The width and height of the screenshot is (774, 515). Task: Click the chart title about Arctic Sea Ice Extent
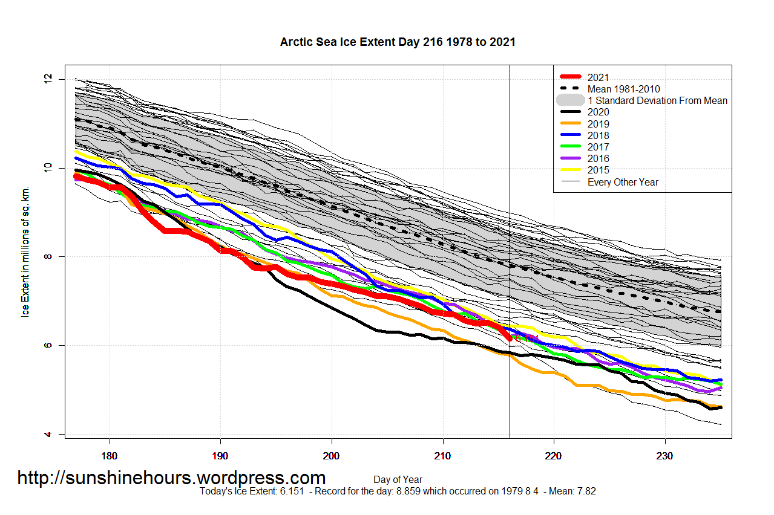(398, 42)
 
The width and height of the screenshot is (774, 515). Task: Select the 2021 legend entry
(598, 77)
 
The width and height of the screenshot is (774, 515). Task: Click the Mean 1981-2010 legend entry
(623, 89)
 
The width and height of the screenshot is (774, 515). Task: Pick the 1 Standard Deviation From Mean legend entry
(657, 100)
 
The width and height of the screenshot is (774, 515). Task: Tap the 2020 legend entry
(598, 112)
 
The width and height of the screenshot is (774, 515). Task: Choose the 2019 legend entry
(598, 124)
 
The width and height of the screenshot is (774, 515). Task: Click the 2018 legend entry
(598, 135)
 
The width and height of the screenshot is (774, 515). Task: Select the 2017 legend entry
(598, 147)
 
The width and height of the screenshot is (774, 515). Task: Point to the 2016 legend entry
(598, 158)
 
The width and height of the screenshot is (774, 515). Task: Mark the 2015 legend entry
(598, 170)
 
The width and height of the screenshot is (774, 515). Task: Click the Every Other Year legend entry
(623, 182)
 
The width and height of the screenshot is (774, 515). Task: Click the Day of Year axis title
(398, 480)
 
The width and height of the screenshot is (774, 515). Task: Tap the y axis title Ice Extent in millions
(25, 256)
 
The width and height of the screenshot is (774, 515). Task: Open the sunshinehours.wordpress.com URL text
(171, 478)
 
